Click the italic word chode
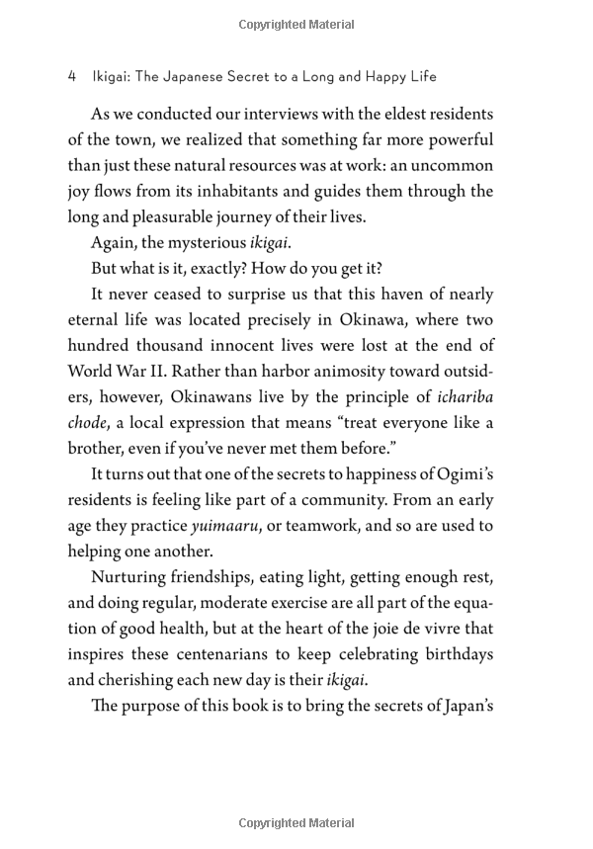tap(89, 422)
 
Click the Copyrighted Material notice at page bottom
tap(296, 821)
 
